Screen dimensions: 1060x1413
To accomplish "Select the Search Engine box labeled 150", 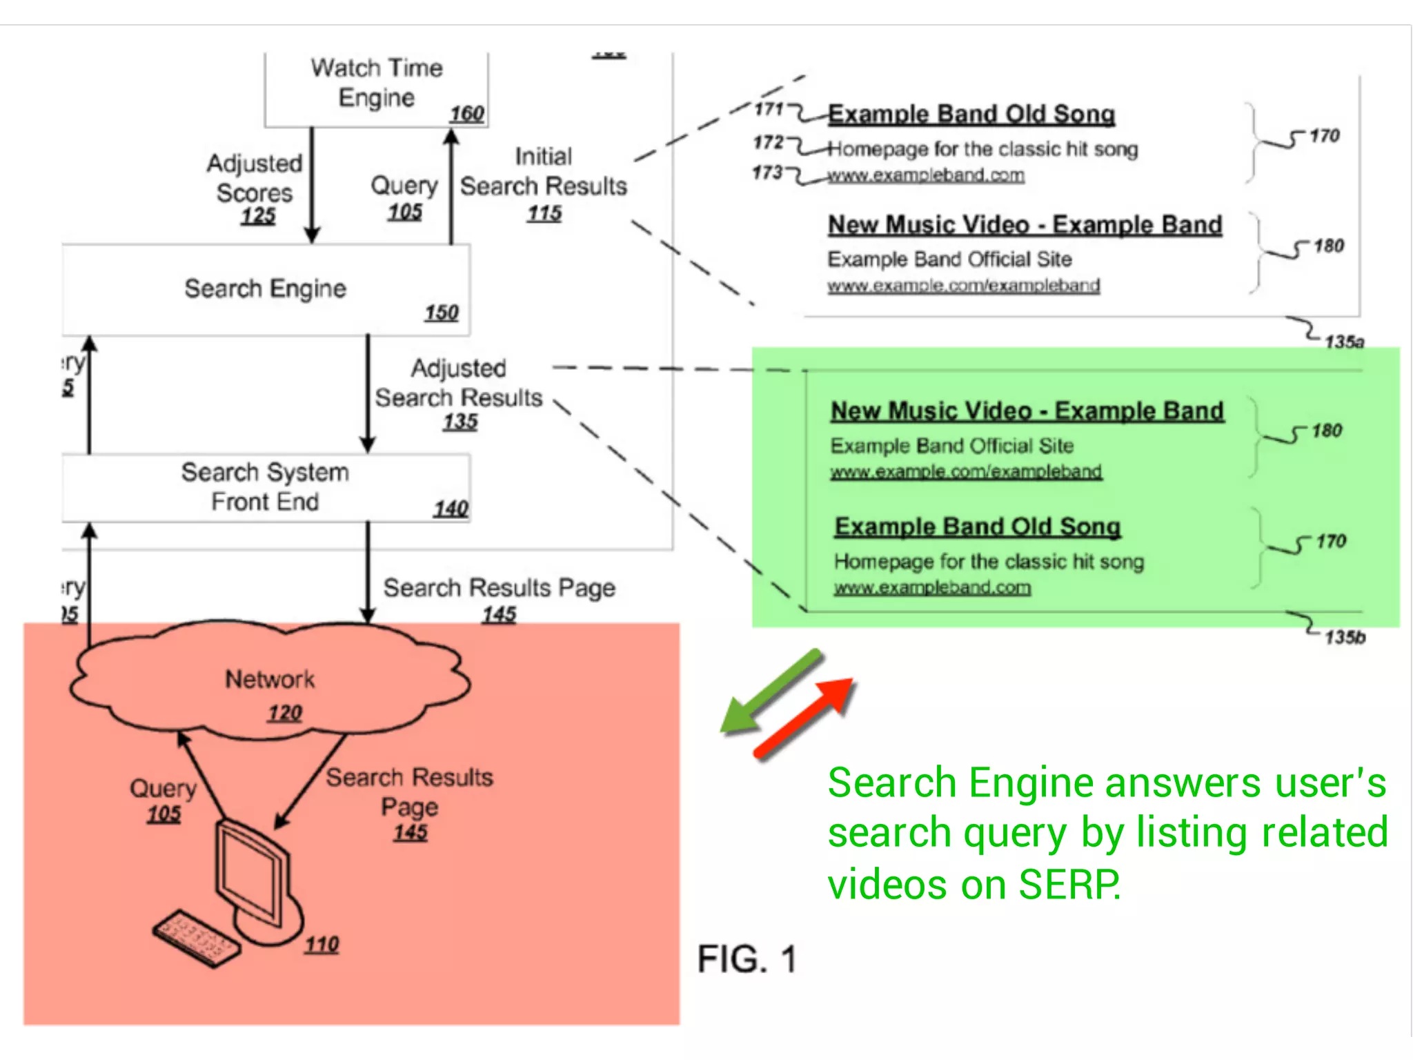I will [266, 290].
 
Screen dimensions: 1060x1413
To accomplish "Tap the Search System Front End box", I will [266, 487].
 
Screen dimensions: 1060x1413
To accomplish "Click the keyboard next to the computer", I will [197, 939].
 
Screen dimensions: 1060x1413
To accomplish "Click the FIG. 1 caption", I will [747, 959].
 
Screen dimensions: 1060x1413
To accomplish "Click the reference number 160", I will [467, 114].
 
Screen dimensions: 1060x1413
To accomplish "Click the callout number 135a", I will [1344, 342].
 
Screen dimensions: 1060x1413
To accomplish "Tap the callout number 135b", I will [1345, 636].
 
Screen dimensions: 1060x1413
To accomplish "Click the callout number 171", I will [768, 109].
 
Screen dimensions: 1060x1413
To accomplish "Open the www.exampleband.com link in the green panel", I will [932, 588].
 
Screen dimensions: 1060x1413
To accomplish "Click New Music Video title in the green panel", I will [1027, 411].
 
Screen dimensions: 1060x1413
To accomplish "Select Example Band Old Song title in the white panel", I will [971, 115].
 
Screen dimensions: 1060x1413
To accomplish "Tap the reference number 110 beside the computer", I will [322, 944].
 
